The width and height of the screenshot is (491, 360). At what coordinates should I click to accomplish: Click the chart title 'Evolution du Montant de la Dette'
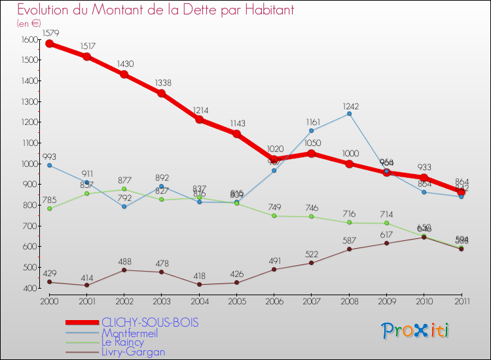point(155,10)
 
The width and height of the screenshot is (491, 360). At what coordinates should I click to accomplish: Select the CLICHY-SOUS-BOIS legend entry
point(149,323)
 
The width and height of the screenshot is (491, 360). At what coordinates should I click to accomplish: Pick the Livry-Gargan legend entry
point(133,351)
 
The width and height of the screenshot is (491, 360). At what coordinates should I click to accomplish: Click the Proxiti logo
point(416,331)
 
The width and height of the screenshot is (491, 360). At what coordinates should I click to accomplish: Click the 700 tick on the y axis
point(30,226)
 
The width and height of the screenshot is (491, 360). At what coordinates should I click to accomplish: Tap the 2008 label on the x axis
point(349,302)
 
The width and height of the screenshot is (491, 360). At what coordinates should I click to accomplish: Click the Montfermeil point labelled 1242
point(350,113)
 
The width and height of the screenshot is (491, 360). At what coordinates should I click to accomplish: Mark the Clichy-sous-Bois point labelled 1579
point(49,44)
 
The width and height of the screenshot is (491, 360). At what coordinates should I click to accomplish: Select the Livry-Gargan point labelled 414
point(86,285)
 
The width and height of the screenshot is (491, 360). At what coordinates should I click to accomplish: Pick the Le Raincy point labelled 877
point(124,189)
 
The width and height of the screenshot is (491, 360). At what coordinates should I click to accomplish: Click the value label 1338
point(162,82)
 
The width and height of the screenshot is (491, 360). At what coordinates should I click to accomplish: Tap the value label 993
point(49,157)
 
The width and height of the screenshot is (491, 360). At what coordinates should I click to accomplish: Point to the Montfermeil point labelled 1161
point(312,130)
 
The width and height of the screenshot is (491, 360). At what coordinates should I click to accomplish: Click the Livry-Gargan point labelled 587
point(350,249)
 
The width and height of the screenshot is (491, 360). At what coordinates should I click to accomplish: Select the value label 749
point(274,207)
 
